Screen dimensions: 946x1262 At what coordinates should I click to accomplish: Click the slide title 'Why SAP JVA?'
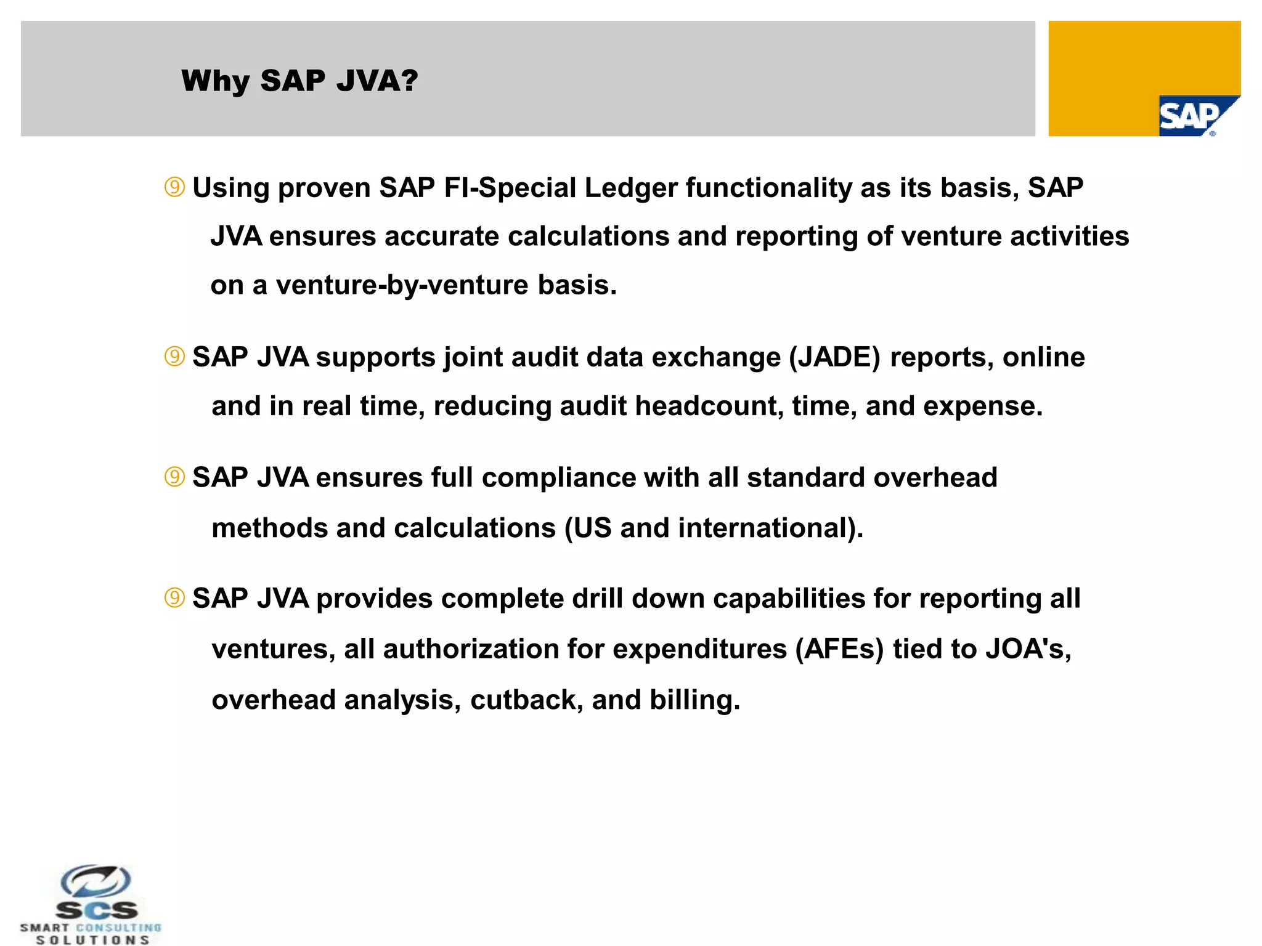coord(299,81)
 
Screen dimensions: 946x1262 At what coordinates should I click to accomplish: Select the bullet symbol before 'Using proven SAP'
coord(175,187)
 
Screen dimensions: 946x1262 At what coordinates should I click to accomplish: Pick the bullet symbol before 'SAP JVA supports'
coord(175,357)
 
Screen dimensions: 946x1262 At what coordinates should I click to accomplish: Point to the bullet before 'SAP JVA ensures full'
coord(175,477)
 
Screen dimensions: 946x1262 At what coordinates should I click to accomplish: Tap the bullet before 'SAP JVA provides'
coord(175,598)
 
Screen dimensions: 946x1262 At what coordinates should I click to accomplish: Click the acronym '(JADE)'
coord(835,357)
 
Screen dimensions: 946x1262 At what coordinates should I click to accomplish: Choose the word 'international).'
coord(770,528)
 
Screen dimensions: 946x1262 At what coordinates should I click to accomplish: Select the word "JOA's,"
coord(1028,649)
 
